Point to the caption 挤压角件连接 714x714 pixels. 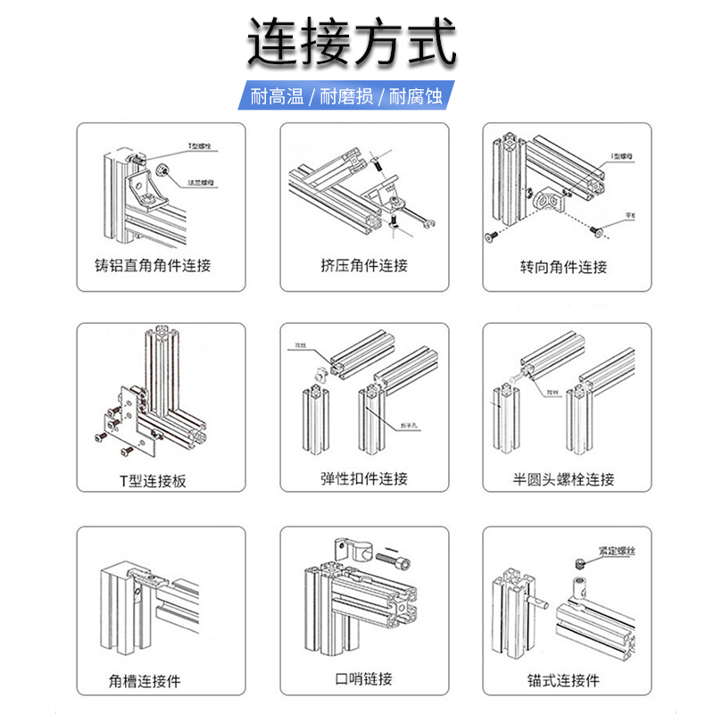click(364, 265)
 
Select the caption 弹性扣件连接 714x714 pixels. click(364, 479)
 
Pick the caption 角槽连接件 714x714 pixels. click(145, 681)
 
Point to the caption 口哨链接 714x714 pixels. click(363, 679)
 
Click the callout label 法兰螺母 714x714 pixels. click(200, 183)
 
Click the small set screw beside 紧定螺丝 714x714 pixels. click(578, 563)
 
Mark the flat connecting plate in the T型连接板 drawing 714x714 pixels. click(126, 411)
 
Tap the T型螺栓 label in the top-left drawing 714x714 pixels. click(200, 145)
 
